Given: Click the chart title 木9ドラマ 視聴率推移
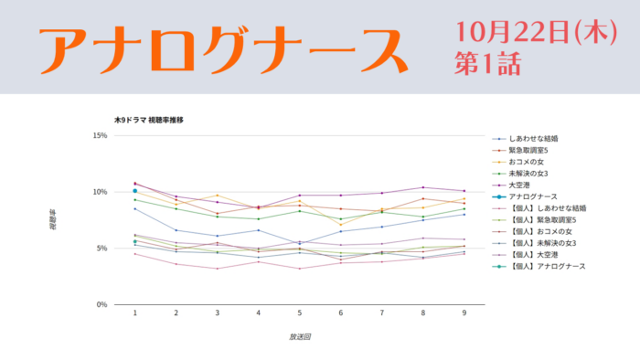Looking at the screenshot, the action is [148, 120].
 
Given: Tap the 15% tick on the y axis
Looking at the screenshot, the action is [100, 135].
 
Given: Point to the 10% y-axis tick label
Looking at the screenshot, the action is [100, 192].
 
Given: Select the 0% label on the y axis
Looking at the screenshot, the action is [102, 304].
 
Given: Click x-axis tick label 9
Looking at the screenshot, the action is [464, 312].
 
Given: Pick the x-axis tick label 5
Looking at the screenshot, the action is [300, 312].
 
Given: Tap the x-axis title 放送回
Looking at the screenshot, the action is [300, 337].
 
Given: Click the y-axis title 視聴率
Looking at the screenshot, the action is [53, 220].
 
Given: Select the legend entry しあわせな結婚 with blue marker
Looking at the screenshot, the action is [525, 139].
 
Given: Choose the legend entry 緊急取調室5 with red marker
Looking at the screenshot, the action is [520, 151].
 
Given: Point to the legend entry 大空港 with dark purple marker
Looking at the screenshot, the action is [511, 185].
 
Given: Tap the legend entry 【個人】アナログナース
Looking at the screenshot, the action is [539, 266].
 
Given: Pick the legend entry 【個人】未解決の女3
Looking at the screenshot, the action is [534, 243].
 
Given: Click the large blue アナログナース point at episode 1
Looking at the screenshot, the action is [135, 191].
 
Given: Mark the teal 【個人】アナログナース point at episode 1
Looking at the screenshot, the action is [135, 242].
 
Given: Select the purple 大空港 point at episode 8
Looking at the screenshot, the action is [422, 187].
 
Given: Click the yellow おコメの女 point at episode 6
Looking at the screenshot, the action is [341, 225].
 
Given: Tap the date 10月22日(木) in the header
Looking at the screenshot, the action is [537, 32].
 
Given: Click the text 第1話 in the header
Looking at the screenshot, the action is [487, 64].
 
